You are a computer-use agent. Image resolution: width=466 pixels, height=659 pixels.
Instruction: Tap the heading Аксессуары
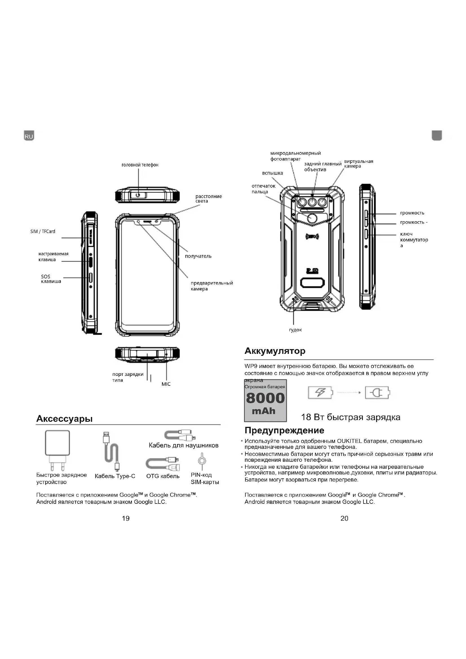pos(64,419)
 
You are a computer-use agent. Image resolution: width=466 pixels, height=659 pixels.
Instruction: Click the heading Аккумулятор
pos(275,351)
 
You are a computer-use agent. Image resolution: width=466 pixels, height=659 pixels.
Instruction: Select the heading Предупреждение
pos(284,430)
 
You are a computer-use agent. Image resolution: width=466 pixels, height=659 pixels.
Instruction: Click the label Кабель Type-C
pos(115,476)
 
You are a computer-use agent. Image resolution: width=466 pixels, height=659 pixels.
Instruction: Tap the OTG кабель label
pos(163,476)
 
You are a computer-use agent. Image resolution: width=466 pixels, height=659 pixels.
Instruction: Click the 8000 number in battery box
pos(265,398)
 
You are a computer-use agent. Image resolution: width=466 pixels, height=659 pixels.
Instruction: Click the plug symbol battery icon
pos(377,392)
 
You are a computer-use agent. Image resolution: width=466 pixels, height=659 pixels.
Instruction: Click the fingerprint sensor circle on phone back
pos(312,218)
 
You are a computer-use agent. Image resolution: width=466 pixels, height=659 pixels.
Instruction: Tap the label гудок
pos(295,330)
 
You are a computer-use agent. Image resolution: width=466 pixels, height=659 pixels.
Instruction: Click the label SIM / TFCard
pos(43,231)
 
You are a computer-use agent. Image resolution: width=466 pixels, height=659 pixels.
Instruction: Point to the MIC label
pos(166,384)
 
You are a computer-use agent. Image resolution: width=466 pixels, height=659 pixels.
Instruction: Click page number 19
pos(126,518)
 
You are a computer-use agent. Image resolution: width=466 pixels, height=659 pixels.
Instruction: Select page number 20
pos(344,518)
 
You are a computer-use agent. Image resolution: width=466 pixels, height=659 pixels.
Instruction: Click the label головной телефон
pos(140,165)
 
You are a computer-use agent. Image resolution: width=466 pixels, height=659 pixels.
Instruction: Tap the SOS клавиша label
pos(51,279)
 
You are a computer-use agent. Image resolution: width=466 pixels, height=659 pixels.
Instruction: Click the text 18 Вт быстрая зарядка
pos(350,417)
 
